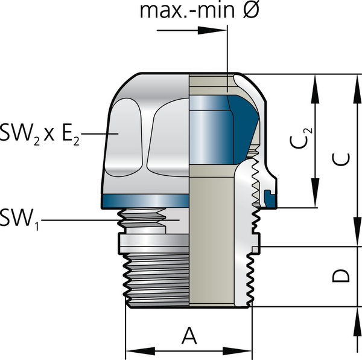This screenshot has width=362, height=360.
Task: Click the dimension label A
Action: point(189,334)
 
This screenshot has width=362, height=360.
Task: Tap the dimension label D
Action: point(341,276)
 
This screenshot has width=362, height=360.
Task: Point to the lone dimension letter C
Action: point(341,159)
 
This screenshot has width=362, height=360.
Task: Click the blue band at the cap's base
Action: point(145,201)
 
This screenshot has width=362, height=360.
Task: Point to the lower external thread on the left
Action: point(157,278)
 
